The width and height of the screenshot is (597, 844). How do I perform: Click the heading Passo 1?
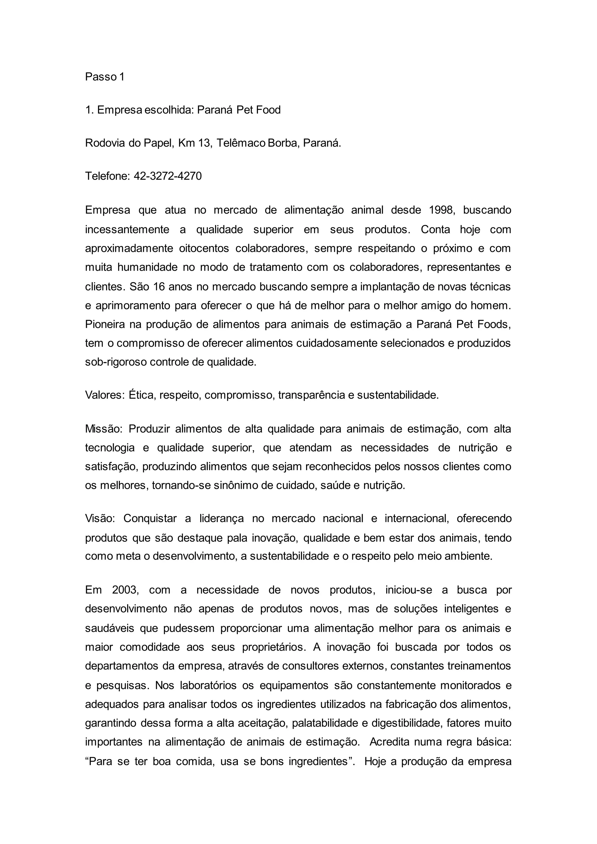pos(105,77)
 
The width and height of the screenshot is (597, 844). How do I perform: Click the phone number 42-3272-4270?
pos(168,176)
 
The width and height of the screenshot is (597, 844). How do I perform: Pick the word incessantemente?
pos(127,230)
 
